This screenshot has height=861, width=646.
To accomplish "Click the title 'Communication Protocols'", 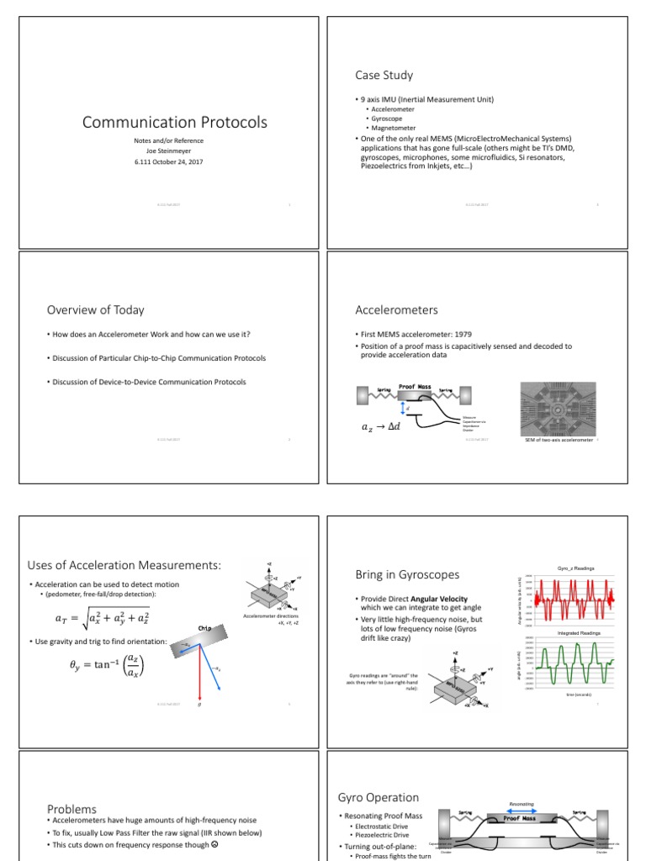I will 174,123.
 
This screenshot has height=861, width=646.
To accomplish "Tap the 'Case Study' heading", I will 384,75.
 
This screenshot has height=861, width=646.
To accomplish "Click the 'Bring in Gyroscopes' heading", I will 407,574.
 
